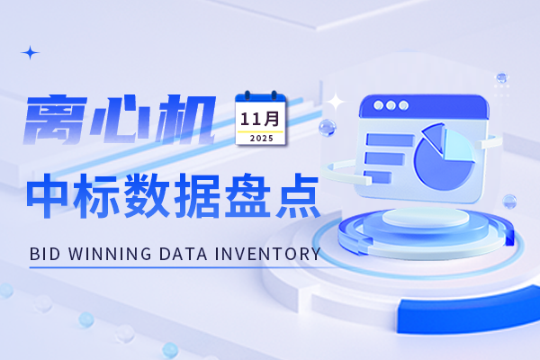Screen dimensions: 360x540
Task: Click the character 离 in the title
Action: pos(58,121)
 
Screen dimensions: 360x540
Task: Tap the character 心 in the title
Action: pos(128,121)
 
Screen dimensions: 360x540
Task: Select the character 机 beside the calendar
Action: pos(191,121)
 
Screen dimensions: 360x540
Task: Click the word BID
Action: pos(44,255)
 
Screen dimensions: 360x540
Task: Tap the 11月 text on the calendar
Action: pos(261,118)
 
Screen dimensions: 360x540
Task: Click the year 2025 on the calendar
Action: pos(261,139)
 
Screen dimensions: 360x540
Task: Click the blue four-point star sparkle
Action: pos(31,53)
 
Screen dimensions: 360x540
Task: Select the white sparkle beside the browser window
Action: pos(337,102)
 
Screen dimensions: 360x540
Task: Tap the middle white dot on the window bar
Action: pos(391,105)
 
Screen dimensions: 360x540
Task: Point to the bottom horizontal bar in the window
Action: pos(382,178)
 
